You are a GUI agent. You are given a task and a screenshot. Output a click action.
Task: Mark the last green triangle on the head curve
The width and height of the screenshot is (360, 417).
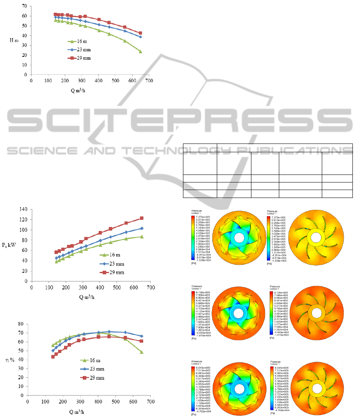coord(140,51)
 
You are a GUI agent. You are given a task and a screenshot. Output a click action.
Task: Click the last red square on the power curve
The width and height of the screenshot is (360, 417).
coord(141,218)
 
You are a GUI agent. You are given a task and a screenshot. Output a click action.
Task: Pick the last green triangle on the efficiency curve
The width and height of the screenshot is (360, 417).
coord(141,352)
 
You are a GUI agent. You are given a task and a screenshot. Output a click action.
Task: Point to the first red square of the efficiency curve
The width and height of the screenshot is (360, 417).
coord(53,357)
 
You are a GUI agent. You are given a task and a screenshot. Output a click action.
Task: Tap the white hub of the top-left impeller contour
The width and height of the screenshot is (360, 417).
coord(239,237)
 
